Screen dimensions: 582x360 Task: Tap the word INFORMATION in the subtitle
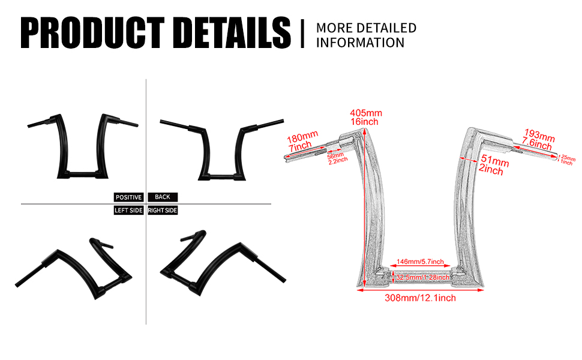tap(360, 43)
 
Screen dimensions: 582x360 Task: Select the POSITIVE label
tap(128, 197)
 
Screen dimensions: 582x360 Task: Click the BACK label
tap(163, 197)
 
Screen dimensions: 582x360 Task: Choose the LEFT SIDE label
tap(128, 211)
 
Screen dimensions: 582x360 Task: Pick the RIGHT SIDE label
tap(163, 211)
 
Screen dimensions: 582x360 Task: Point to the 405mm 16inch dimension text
tap(366, 118)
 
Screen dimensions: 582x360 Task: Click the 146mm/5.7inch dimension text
tap(421, 262)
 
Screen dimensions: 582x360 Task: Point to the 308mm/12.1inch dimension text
tap(420, 298)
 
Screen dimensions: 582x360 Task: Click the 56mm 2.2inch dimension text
tap(338, 157)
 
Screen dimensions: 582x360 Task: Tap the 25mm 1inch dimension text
tap(567, 160)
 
